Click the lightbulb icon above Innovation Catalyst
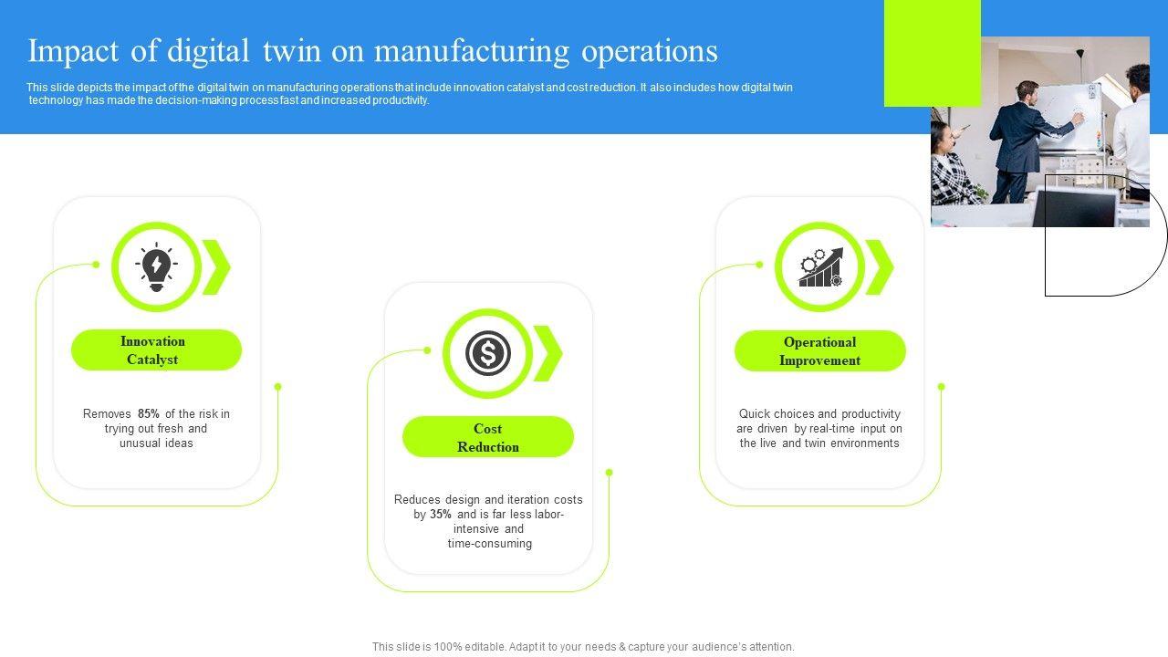click(156, 266)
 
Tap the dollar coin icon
click(487, 353)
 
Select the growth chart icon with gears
click(819, 267)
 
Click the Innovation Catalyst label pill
click(156, 350)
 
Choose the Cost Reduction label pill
click(488, 437)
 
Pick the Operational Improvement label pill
click(819, 351)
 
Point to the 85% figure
click(149, 414)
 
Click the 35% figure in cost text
click(441, 515)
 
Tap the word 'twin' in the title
click(290, 51)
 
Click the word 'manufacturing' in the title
click(470, 51)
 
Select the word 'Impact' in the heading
click(74, 51)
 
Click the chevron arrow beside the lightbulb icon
click(217, 266)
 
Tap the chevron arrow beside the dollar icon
click(548, 353)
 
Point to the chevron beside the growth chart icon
click(880, 267)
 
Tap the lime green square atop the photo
click(932, 53)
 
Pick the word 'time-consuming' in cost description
click(489, 544)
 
